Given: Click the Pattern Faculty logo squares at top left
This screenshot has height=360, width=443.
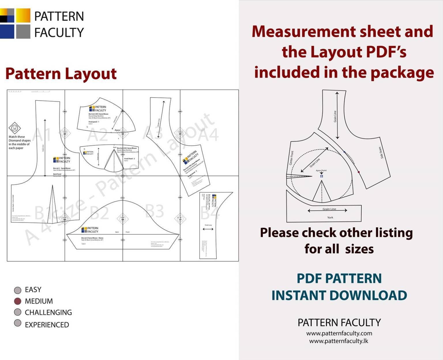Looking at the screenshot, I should (x=15, y=23).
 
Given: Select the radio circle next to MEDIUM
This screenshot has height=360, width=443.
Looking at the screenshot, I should (x=18, y=301).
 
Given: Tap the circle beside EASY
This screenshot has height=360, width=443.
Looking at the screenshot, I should (x=18, y=290).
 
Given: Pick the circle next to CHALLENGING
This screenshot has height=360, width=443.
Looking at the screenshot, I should (x=18, y=312).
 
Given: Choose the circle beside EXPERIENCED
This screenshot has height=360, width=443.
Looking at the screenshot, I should (x=18, y=323).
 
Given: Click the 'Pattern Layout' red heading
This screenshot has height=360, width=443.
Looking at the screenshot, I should (x=61, y=74).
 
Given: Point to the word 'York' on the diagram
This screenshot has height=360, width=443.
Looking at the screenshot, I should (x=330, y=217).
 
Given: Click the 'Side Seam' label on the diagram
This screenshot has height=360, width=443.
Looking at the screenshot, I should (x=381, y=153).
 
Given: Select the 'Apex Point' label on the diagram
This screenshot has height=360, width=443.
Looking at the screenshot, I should (x=321, y=170).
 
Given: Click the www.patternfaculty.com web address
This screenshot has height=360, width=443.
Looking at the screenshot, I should (x=339, y=333).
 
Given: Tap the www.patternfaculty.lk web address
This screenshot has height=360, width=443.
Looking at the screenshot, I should (x=339, y=341).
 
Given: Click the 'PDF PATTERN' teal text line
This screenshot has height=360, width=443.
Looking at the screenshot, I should (x=339, y=278).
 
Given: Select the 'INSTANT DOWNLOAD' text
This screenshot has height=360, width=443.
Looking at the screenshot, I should (x=339, y=295).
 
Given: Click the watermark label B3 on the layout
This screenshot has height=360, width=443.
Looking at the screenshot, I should (x=154, y=211).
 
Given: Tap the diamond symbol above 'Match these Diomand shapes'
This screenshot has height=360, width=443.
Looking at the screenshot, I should (x=14, y=127).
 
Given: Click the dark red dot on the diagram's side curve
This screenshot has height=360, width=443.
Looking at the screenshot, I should (x=359, y=172).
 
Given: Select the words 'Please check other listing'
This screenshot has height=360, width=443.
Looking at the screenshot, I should (x=336, y=232).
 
